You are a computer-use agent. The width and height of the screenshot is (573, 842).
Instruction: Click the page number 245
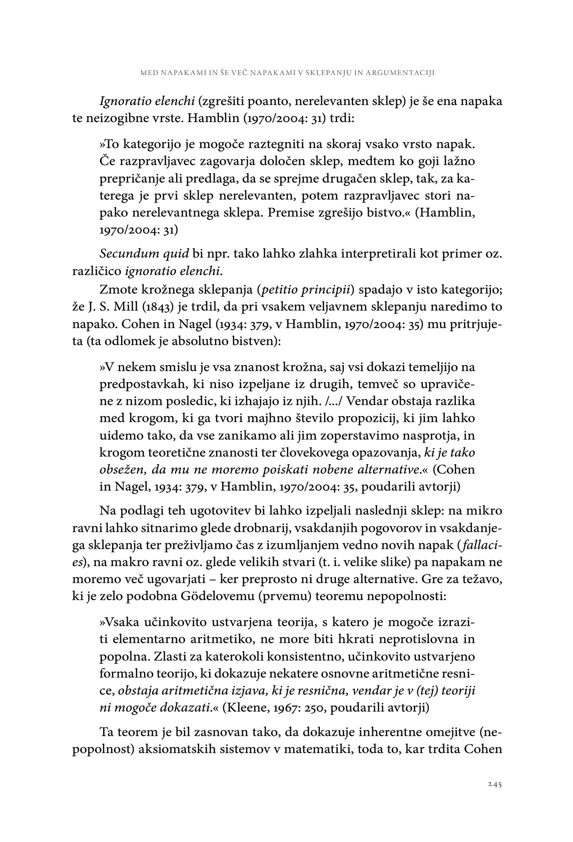(x=494, y=784)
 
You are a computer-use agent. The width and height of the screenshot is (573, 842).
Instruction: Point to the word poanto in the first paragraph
(x=268, y=101)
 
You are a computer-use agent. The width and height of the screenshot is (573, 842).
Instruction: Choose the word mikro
(x=487, y=511)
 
